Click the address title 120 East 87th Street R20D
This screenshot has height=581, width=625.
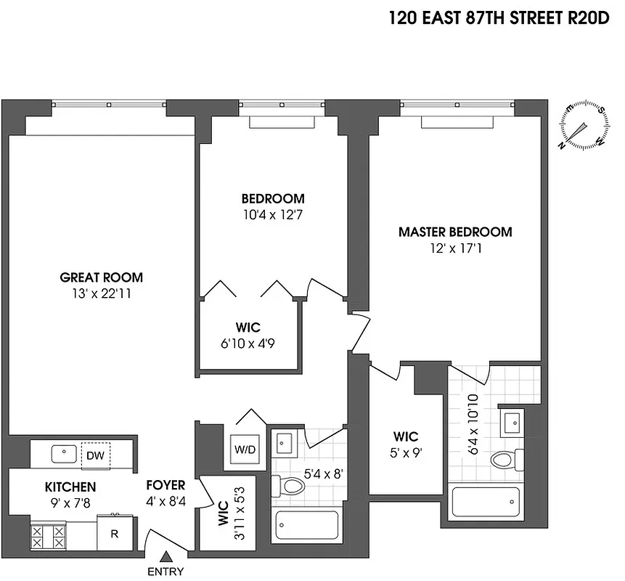pos(500,17)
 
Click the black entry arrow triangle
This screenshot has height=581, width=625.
pos(166,557)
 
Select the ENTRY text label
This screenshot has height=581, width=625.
pos(166,572)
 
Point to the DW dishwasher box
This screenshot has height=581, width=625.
pos(95,455)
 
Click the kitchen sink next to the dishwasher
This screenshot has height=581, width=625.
pos(64,455)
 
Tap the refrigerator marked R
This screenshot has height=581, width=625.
pos(114,532)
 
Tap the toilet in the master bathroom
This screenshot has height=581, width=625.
pos(507,459)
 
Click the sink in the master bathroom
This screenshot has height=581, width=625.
pos(512,420)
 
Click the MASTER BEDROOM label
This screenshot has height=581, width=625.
pos(455,232)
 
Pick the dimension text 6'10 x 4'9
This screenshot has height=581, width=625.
pos(248,344)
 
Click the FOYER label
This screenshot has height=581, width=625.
pos(166,485)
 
